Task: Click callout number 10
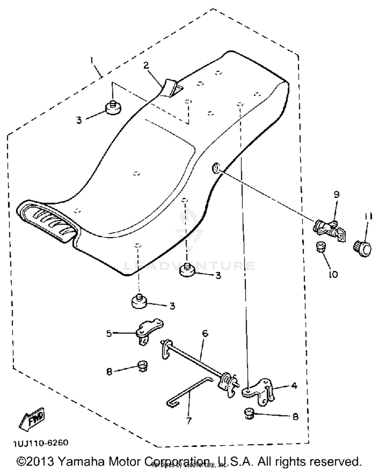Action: coord(334,274)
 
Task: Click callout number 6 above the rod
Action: coord(205,334)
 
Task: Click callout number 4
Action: coord(294,385)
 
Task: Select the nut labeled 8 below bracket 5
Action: coord(142,366)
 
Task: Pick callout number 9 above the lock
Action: coord(336,194)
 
